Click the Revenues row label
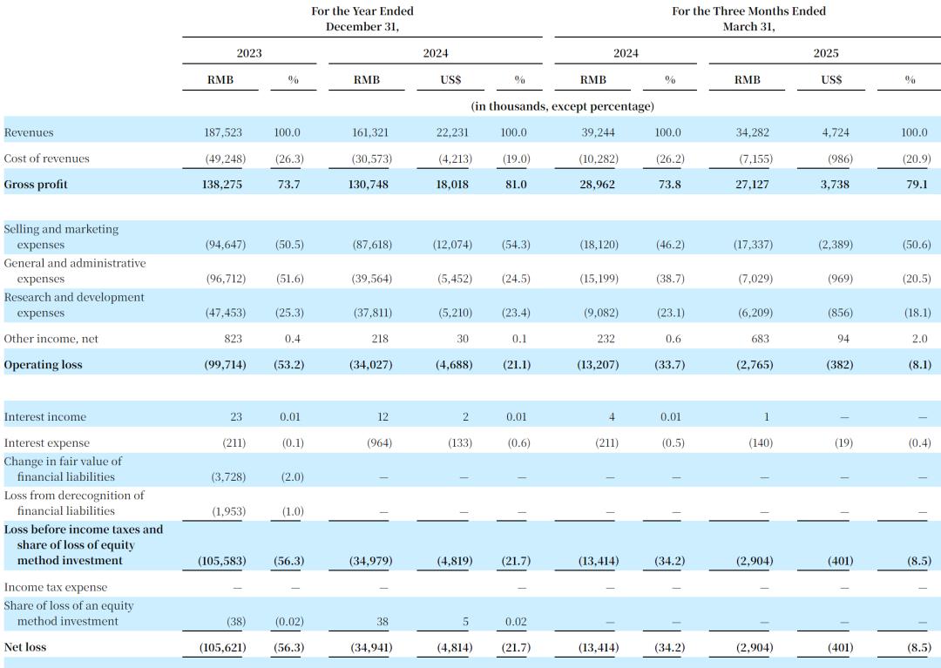click(x=28, y=132)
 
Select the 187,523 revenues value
click(x=222, y=132)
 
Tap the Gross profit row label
click(x=36, y=185)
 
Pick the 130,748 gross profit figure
click(x=369, y=185)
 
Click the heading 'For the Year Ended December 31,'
click(x=362, y=18)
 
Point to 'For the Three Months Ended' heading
click(x=748, y=10)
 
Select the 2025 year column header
click(x=826, y=53)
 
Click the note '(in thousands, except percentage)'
click(x=562, y=106)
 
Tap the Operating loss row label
click(x=43, y=365)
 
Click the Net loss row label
click(x=24, y=647)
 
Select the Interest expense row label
click(x=46, y=443)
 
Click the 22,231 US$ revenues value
click(x=452, y=132)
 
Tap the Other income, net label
click(x=51, y=339)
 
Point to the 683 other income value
click(x=760, y=339)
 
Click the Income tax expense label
click(x=55, y=588)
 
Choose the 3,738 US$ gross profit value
click(x=835, y=185)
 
